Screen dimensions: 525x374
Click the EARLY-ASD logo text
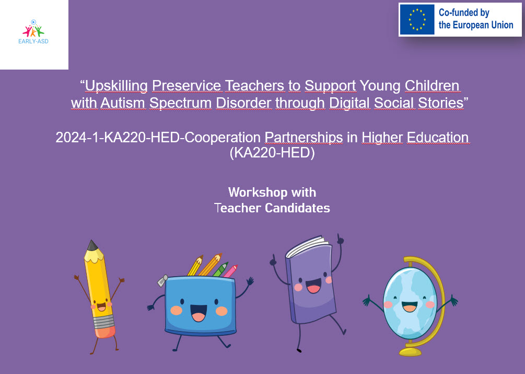tap(33, 41)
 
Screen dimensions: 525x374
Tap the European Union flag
tap(417, 19)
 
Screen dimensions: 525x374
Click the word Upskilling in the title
tap(116, 86)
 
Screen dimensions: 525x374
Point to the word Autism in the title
tap(123, 103)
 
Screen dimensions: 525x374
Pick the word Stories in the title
tap(440, 103)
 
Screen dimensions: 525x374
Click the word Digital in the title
tap(349, 103)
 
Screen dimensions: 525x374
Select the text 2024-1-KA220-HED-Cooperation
tap(158, 138)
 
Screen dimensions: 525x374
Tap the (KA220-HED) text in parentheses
tap(272, 153)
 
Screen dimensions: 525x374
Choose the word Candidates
tap(297, 208)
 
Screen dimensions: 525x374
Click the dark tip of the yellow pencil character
tap(92, 245)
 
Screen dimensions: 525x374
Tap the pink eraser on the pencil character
tap(105, 332)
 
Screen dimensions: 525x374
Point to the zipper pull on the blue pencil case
tap(162, 281)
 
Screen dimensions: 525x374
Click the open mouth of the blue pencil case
tap(198, 313)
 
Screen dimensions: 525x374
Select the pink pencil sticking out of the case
tap(230, 271)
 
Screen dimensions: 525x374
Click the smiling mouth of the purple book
tap(313, 287)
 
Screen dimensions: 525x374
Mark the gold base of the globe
tap(410, 352)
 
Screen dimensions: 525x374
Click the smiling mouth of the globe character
tap(409, 307)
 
